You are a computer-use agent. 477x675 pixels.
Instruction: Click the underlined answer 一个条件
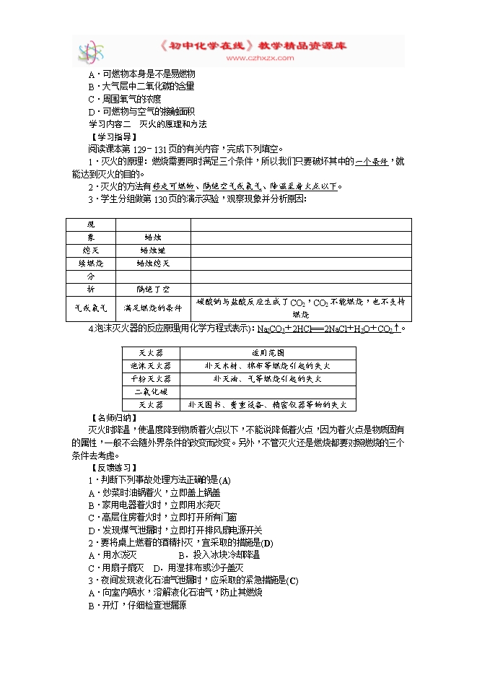[372, 161]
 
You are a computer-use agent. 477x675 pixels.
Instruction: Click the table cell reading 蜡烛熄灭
[152, 263]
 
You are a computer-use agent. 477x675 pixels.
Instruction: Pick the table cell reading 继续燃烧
[90, 263]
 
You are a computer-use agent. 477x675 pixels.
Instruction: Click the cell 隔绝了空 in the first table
[152, 289]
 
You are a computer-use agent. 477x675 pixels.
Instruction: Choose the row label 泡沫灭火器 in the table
[152, 365]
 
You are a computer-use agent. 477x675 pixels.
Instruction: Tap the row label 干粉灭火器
[152, 378]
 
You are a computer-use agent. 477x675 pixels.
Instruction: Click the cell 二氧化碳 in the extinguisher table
[152, 392]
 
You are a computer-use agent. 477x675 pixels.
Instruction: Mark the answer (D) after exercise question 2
[267, 542]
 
